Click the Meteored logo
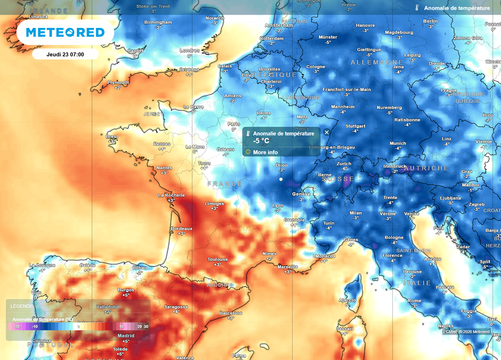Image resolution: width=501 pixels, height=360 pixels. [x=65, y=32]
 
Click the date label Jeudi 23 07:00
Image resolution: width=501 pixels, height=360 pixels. [x=65, y=54]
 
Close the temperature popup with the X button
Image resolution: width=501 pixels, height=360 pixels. [x=327, y=132]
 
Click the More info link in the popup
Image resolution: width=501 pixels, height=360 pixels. [x=265, y=152]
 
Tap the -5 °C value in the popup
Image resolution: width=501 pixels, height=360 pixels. [x=261, y=141]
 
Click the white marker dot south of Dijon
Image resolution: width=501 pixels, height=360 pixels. [x=281, y=180]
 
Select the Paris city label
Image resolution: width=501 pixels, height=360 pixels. [x=234, y=124]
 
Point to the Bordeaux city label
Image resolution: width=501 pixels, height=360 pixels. [x=182, y=228]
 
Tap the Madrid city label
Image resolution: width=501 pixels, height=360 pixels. [x=126, y=336]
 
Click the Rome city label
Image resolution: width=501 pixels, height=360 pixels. [x=414, y=301]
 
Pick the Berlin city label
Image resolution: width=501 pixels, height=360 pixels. [x=431, y=21]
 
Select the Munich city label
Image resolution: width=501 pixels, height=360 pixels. [x=398, y=143]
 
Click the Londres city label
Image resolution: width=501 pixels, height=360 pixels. [x=189, y=50]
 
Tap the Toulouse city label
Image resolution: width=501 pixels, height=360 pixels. [x=217, y=259]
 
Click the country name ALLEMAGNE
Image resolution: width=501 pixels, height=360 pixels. [x=377, y=63]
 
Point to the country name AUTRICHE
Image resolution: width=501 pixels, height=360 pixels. [x=426, y=168]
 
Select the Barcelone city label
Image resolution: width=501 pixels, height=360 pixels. [x=231, y=313]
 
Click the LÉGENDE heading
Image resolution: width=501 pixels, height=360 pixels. [x=22, y=306]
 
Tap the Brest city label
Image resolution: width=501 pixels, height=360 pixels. [x=112, y=136]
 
